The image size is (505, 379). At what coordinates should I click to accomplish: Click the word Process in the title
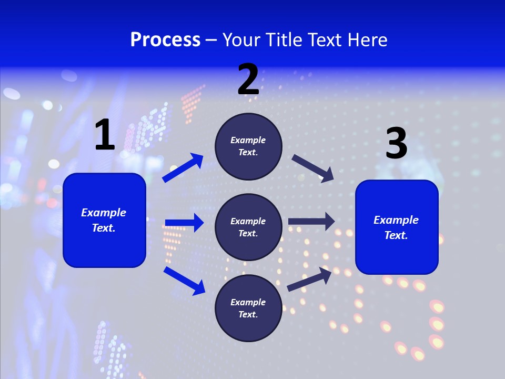[x=165, y=40]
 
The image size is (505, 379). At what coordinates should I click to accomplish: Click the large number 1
[x=105, y=135]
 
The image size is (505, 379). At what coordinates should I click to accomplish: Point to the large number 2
[x=248, y=79]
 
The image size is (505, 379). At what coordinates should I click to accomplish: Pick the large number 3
[x=396, y=144]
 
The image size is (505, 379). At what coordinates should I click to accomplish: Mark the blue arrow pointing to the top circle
[x=183, y=168]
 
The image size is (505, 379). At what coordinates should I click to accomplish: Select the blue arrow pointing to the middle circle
[x=184, y=223]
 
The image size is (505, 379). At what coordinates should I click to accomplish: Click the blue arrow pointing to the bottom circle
[x=184, y=281]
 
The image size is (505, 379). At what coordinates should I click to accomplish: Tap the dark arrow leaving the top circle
[x=312, y=168]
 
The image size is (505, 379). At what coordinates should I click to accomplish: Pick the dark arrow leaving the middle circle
[x=311, y=222]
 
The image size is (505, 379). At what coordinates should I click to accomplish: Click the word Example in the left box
[x=104, y=213]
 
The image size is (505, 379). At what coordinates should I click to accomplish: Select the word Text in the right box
[x=396, y=235]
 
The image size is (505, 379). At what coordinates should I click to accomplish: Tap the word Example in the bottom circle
[x=248, y=302]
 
